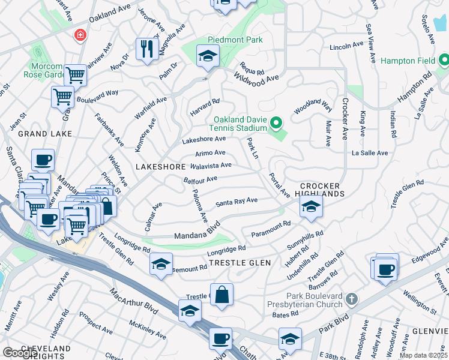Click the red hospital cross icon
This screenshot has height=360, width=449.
pos(79,35)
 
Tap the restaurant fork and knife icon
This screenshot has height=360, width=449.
pos(146,49)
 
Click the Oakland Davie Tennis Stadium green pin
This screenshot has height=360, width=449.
pos(276,124)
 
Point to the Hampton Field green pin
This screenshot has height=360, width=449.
pos(444,60)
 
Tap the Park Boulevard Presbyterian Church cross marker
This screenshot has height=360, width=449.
pos(352,298)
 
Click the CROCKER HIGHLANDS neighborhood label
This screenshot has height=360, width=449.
pos(322,190)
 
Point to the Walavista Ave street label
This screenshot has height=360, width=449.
pos(211,166)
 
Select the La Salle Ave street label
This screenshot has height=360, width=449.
pos(370,153)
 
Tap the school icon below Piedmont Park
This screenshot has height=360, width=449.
pos(208,57)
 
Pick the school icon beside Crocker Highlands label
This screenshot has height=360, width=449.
pos(310,208)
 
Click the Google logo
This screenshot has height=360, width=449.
pos(19,353)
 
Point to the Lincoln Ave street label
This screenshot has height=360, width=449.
pos(347,46)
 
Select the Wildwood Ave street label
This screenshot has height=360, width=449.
pos(257,78)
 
